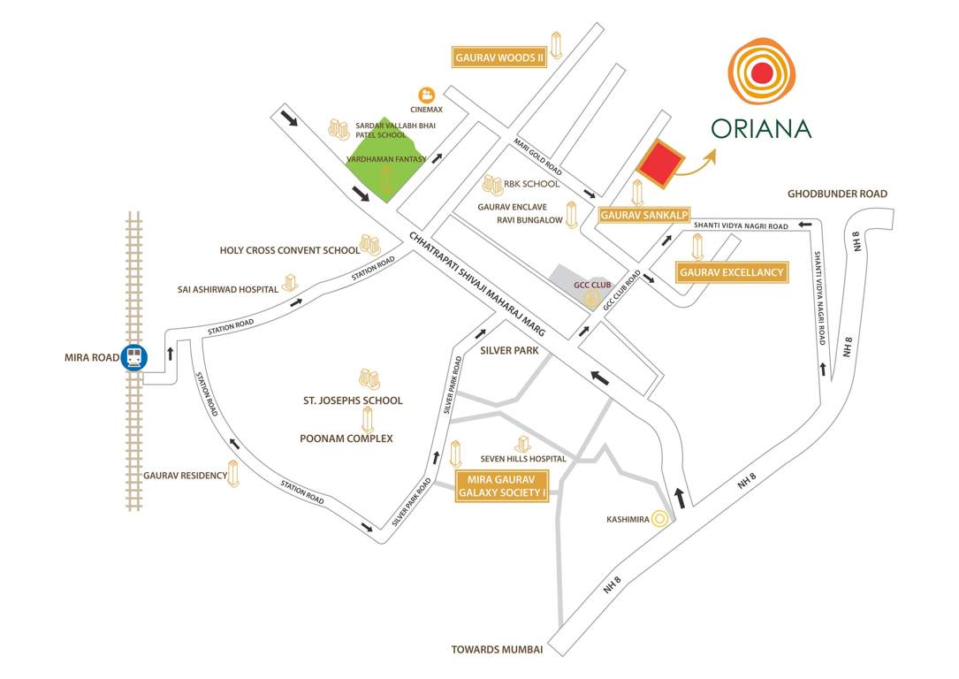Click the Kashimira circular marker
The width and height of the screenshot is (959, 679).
(x=658, y=520)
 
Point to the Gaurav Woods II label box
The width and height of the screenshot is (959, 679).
(x=498, y=58)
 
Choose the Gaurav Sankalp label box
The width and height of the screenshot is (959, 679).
(x=644, y=215)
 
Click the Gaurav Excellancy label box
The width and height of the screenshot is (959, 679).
(x=732, y=272)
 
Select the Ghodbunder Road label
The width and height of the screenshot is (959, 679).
(x=837, y=194)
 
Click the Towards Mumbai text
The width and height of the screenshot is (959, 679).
(x=497, y=650)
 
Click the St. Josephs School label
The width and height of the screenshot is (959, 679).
(x=353, y=401)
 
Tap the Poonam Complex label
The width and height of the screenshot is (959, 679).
(x=346, y=439)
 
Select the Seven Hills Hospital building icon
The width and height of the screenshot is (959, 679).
(x=521, y=442)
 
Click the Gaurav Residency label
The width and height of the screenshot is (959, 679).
(x=186, y=475)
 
